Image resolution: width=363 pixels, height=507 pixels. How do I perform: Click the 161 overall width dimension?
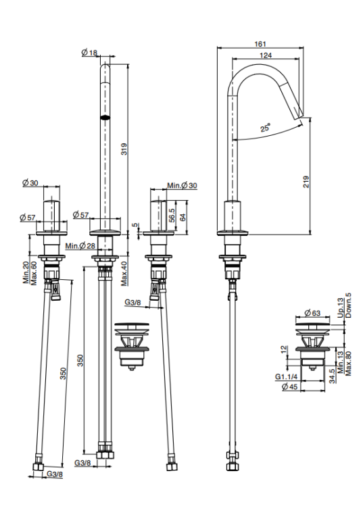[260, 44]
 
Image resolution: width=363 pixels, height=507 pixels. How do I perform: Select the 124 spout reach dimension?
[266, 55]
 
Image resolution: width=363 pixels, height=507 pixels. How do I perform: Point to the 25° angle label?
[266, 128]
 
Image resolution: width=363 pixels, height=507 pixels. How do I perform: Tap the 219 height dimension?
[306, 182]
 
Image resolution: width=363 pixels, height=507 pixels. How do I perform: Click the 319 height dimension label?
[124, 149]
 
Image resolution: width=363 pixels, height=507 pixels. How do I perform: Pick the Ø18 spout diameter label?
[89, 52]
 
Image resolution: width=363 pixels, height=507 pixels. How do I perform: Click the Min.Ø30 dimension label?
[182, 186]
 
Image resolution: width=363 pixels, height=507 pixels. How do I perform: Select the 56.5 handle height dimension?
[172, 215]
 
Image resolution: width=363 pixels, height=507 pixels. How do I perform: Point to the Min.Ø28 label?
[80, 246]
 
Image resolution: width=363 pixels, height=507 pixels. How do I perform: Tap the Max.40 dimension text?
[124, 273]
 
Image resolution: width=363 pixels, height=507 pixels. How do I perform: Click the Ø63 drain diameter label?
[312, 313]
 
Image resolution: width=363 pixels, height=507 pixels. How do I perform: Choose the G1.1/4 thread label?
[286, 377]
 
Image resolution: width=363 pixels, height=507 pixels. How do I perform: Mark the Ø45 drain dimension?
[289, 387]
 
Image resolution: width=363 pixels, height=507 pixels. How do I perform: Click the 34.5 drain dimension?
[331, 377]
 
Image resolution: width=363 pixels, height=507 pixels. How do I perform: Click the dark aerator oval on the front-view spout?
[105, 118]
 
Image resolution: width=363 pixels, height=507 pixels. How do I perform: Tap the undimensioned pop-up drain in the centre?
[132, 346]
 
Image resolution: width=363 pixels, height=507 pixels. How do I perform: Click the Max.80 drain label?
[348, 364]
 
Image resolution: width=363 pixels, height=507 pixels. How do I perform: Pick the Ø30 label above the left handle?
[30, 183]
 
